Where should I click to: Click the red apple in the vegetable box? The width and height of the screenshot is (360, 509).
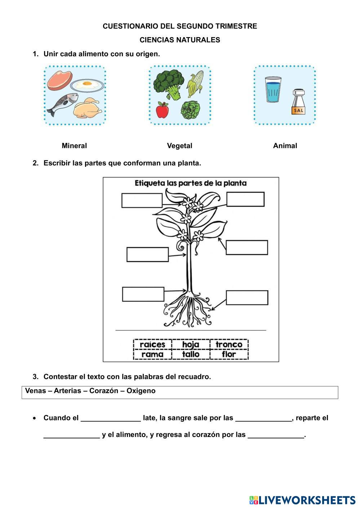(162, 110)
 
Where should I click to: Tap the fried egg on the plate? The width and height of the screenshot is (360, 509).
(87, 85)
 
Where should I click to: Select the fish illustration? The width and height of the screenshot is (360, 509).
(63, 103)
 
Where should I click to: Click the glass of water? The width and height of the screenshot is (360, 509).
(273, 89)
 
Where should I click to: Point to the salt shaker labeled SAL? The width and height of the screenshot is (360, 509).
(298, 102)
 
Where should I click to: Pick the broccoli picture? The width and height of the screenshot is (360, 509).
(168, 84)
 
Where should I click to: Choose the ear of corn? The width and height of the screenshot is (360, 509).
(196, 83)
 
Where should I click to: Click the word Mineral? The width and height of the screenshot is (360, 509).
(74, 146)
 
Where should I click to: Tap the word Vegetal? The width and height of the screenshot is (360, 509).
(179, 146)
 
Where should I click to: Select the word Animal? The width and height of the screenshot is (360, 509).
(285, 146)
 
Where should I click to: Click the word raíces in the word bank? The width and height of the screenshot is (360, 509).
(152, 344)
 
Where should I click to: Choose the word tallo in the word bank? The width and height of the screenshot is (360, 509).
(191, 354)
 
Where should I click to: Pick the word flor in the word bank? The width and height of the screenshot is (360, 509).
(229, 354)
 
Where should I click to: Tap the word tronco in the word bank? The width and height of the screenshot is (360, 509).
(229, 344)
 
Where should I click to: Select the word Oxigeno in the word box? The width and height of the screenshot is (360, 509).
(141, 391)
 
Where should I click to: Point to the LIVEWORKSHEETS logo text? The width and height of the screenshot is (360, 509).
(307, 500)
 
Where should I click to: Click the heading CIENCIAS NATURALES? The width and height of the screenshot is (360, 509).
(180, 40)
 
